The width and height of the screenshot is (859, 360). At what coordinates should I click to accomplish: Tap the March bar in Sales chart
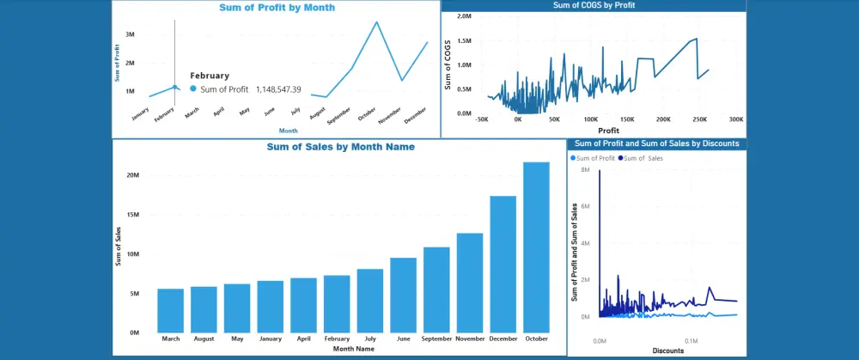click(x=170, y=310)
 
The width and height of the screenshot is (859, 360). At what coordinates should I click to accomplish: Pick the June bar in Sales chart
click(x=403, y=295)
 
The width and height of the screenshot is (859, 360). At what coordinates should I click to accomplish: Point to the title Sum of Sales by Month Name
click(x=341, y=147)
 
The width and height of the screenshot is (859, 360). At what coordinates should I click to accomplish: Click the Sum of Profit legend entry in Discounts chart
click(x=594, y=158)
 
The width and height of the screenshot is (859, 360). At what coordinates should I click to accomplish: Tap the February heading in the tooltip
click(x=210, y=76)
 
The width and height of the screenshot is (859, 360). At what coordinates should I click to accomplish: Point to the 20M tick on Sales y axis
click(x=133, y=175)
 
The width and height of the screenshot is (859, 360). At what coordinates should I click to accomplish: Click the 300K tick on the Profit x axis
click(x=735, y=120)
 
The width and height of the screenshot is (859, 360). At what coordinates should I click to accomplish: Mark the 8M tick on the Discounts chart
click(x=583, y=170)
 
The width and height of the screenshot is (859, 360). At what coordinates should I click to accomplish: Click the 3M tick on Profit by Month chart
click(x=130, y=34)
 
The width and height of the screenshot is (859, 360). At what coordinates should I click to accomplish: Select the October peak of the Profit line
click(x=376, y=22)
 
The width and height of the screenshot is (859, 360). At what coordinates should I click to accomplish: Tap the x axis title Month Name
click(x=353, y=349)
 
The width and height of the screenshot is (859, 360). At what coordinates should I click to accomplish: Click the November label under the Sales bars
click(x=469, y=339)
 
